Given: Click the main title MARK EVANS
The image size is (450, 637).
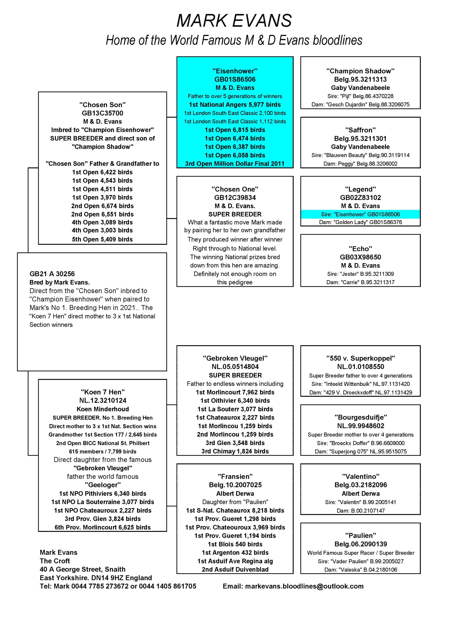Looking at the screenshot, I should [x=234, y=21].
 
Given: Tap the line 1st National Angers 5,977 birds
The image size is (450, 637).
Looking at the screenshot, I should [x=235, y=105].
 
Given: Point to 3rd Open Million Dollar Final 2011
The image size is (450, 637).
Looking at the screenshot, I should [x=235, y=164].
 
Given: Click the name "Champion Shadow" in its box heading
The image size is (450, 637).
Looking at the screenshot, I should [x=360, y=71].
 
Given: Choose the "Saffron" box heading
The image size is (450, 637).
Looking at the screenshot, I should [x=360, y=130].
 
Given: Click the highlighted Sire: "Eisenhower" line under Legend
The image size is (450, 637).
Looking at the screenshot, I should [x=360, y=214].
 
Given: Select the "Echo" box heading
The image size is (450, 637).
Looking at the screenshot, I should [x=360, y=249].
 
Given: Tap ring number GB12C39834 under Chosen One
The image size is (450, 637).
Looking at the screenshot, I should [x=235, y=198].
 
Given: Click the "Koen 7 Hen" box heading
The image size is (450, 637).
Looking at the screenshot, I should [x=103, y=392].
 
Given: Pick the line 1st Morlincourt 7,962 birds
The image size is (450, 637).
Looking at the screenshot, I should [x=235, y=392].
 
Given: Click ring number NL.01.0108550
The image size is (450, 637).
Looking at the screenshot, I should [x=361, y=367].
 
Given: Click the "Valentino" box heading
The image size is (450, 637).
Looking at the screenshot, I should [x=361, y=477].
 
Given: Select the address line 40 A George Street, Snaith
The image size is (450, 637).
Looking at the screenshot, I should [x=82, y=569].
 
